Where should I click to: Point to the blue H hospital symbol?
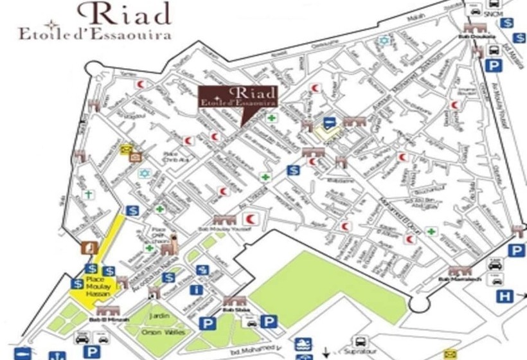(506, 296)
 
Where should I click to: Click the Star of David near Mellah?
(385, 40)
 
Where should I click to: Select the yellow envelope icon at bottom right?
(449, 353)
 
